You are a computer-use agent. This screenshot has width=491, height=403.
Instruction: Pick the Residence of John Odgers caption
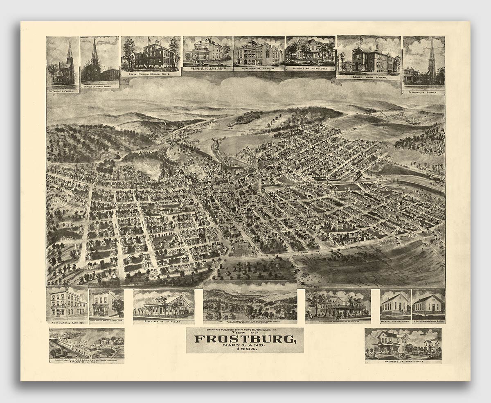(x=207, y=68)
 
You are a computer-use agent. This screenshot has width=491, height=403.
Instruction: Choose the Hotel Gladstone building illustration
(x=259, y=53)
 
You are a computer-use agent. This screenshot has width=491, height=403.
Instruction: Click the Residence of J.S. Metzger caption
(x=311, y=68)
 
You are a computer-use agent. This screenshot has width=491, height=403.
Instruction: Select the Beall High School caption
(x=369, y=77)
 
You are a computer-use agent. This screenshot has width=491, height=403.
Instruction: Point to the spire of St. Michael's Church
(x=432, y=49)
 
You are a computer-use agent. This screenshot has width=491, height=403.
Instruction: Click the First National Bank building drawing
(x=67, y=304)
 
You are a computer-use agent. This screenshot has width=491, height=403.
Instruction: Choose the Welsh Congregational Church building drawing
(x=428, y=304)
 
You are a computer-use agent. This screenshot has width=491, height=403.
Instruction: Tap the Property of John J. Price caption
(x=403, y=362)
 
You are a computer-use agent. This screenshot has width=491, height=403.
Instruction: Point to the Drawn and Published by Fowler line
(x=245, y=330)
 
